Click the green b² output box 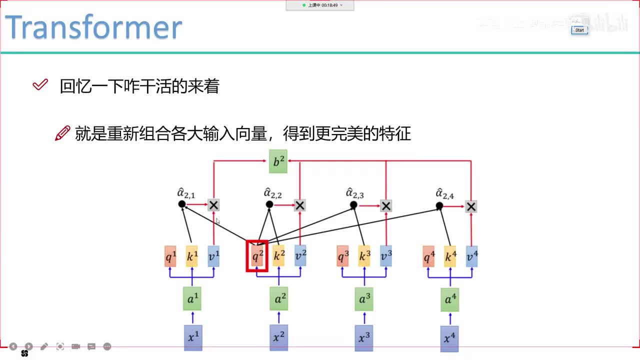278,161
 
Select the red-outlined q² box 257,256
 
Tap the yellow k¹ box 192,256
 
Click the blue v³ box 385,256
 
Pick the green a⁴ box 450,299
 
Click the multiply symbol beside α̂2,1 213,205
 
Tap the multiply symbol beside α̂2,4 470,206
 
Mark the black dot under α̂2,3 353,205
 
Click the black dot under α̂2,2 269,204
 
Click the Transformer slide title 93,27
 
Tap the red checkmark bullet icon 40,85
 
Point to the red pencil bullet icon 62,133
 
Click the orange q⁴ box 428,256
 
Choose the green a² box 278,299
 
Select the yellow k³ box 364,256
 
